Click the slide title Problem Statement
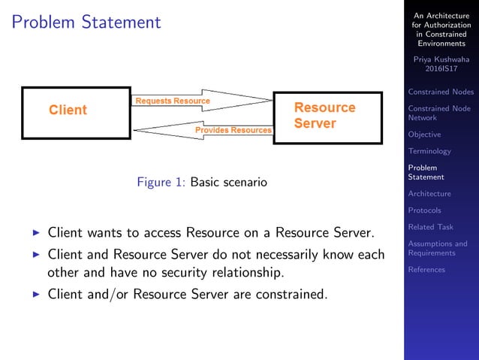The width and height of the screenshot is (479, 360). [x=87, y=23]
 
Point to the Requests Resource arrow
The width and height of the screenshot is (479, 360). [x=203, y=101]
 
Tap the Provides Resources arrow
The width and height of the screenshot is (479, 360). [x=203, y=131]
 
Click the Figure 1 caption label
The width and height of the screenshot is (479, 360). [x=161, y=182]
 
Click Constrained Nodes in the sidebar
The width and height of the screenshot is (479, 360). [x=441, y=92]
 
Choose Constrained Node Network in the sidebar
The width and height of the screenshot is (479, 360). [x=439, y=113]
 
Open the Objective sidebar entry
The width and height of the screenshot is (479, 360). [x=424, y=135]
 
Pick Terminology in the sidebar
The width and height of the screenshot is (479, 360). [x=429, y=151]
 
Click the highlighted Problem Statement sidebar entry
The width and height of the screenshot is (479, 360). [x=426, y=172]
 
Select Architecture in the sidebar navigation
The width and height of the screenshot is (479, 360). [x=429, y=194]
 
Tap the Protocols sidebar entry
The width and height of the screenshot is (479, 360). [x=424, y=210]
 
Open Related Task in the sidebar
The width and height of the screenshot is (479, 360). [x=430, y=227]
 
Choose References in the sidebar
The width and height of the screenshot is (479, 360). [x=426, y=270]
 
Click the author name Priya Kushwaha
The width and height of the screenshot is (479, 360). [x=441, y=60]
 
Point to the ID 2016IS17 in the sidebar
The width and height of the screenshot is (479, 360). [x=441, y=70]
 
